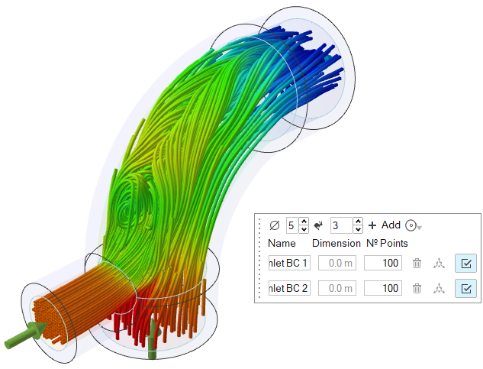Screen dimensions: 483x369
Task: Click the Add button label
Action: point(391,225)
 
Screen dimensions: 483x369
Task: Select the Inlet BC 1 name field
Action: point(289,263)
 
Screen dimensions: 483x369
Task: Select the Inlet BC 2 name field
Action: point(289,288)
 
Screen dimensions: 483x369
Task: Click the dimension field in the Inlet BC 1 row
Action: point(337,263)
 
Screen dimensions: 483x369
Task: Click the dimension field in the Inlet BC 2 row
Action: point(337,288)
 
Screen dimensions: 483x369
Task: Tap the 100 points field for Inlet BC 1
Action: point(383,263)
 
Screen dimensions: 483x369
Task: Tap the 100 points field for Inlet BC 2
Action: point(383,288)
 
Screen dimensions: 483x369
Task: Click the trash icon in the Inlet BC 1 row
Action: point(417,263)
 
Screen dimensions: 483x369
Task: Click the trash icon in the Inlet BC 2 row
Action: point(417,289)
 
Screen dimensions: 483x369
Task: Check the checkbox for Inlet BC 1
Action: point(465,263)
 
